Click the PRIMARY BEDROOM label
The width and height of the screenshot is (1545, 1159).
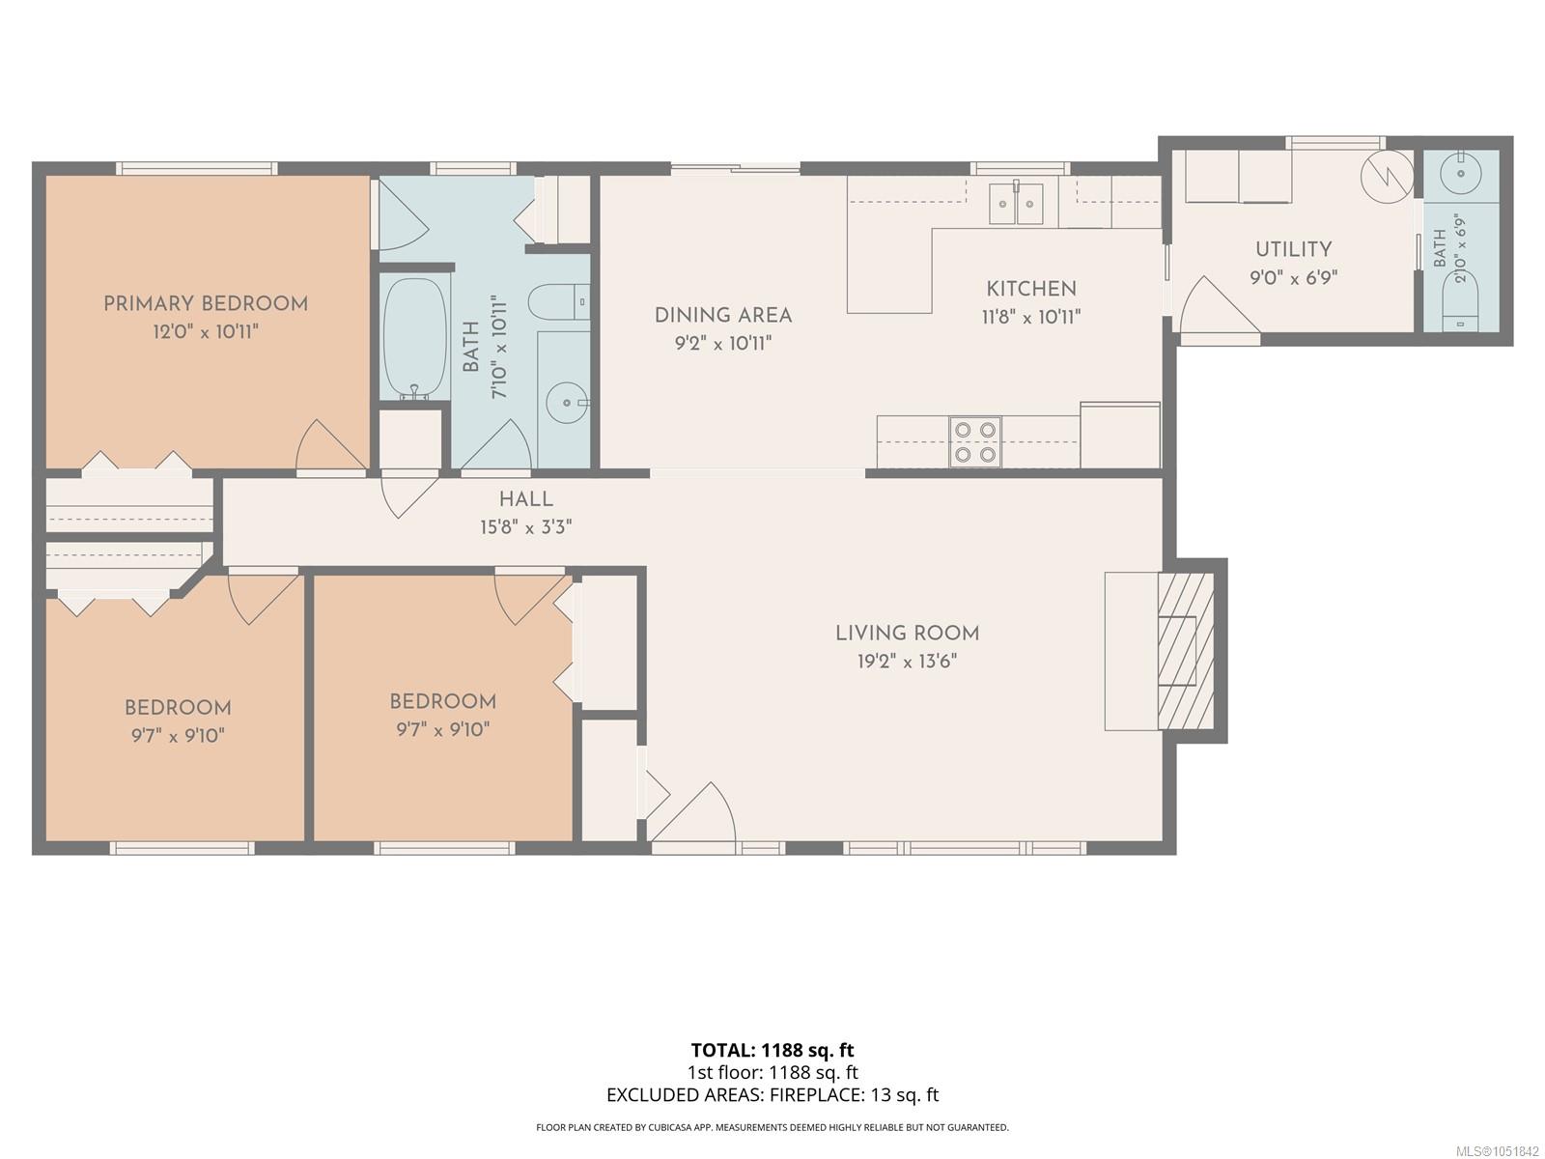click(x=206, y=304)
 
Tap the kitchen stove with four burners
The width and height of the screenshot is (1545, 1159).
click(x=975, y=441)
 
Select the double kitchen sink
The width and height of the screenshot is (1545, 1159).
click(x=1016, y=204)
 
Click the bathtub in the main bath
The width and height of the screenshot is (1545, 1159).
click(x=414, y=339)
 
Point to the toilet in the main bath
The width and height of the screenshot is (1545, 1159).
click(x=559, y=302)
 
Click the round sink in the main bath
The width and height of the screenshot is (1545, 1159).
click(x=566, y=403)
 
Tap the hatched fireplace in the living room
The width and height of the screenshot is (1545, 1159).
click(x=1186, y=651)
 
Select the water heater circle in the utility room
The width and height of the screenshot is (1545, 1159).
click(x=1387, y=176)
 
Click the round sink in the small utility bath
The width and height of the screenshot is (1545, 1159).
click(x=1461, y=173)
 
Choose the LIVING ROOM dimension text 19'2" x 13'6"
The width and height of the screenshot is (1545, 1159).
click(x=907, y=662)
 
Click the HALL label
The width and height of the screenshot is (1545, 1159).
click(x=526, y=499)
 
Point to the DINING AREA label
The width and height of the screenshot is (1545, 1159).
click(x=723, y=315)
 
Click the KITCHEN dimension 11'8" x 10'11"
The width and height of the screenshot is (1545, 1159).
click(x=1030, y=318)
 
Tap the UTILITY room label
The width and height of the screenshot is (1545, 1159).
click(x=1294, y=249)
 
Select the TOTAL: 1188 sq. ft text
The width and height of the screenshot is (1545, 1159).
click(x=772, y=1051)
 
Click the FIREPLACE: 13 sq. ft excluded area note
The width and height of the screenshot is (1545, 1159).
click(x=854, y=1095)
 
